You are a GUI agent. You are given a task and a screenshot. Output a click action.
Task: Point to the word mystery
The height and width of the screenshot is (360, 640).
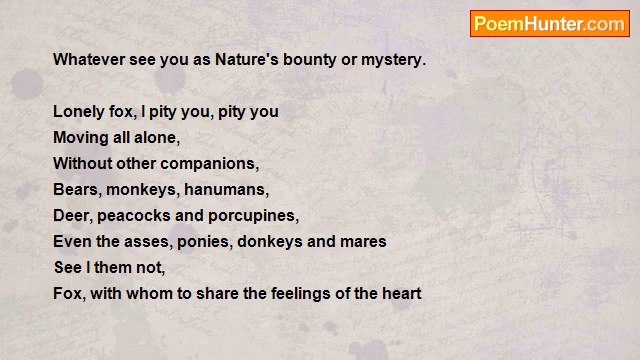(x=393, y=60)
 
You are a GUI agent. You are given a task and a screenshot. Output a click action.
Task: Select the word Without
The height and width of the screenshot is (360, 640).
(x=83, y=163)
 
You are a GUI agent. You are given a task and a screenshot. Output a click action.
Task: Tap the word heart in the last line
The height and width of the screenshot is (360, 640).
(x=400, y=294)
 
